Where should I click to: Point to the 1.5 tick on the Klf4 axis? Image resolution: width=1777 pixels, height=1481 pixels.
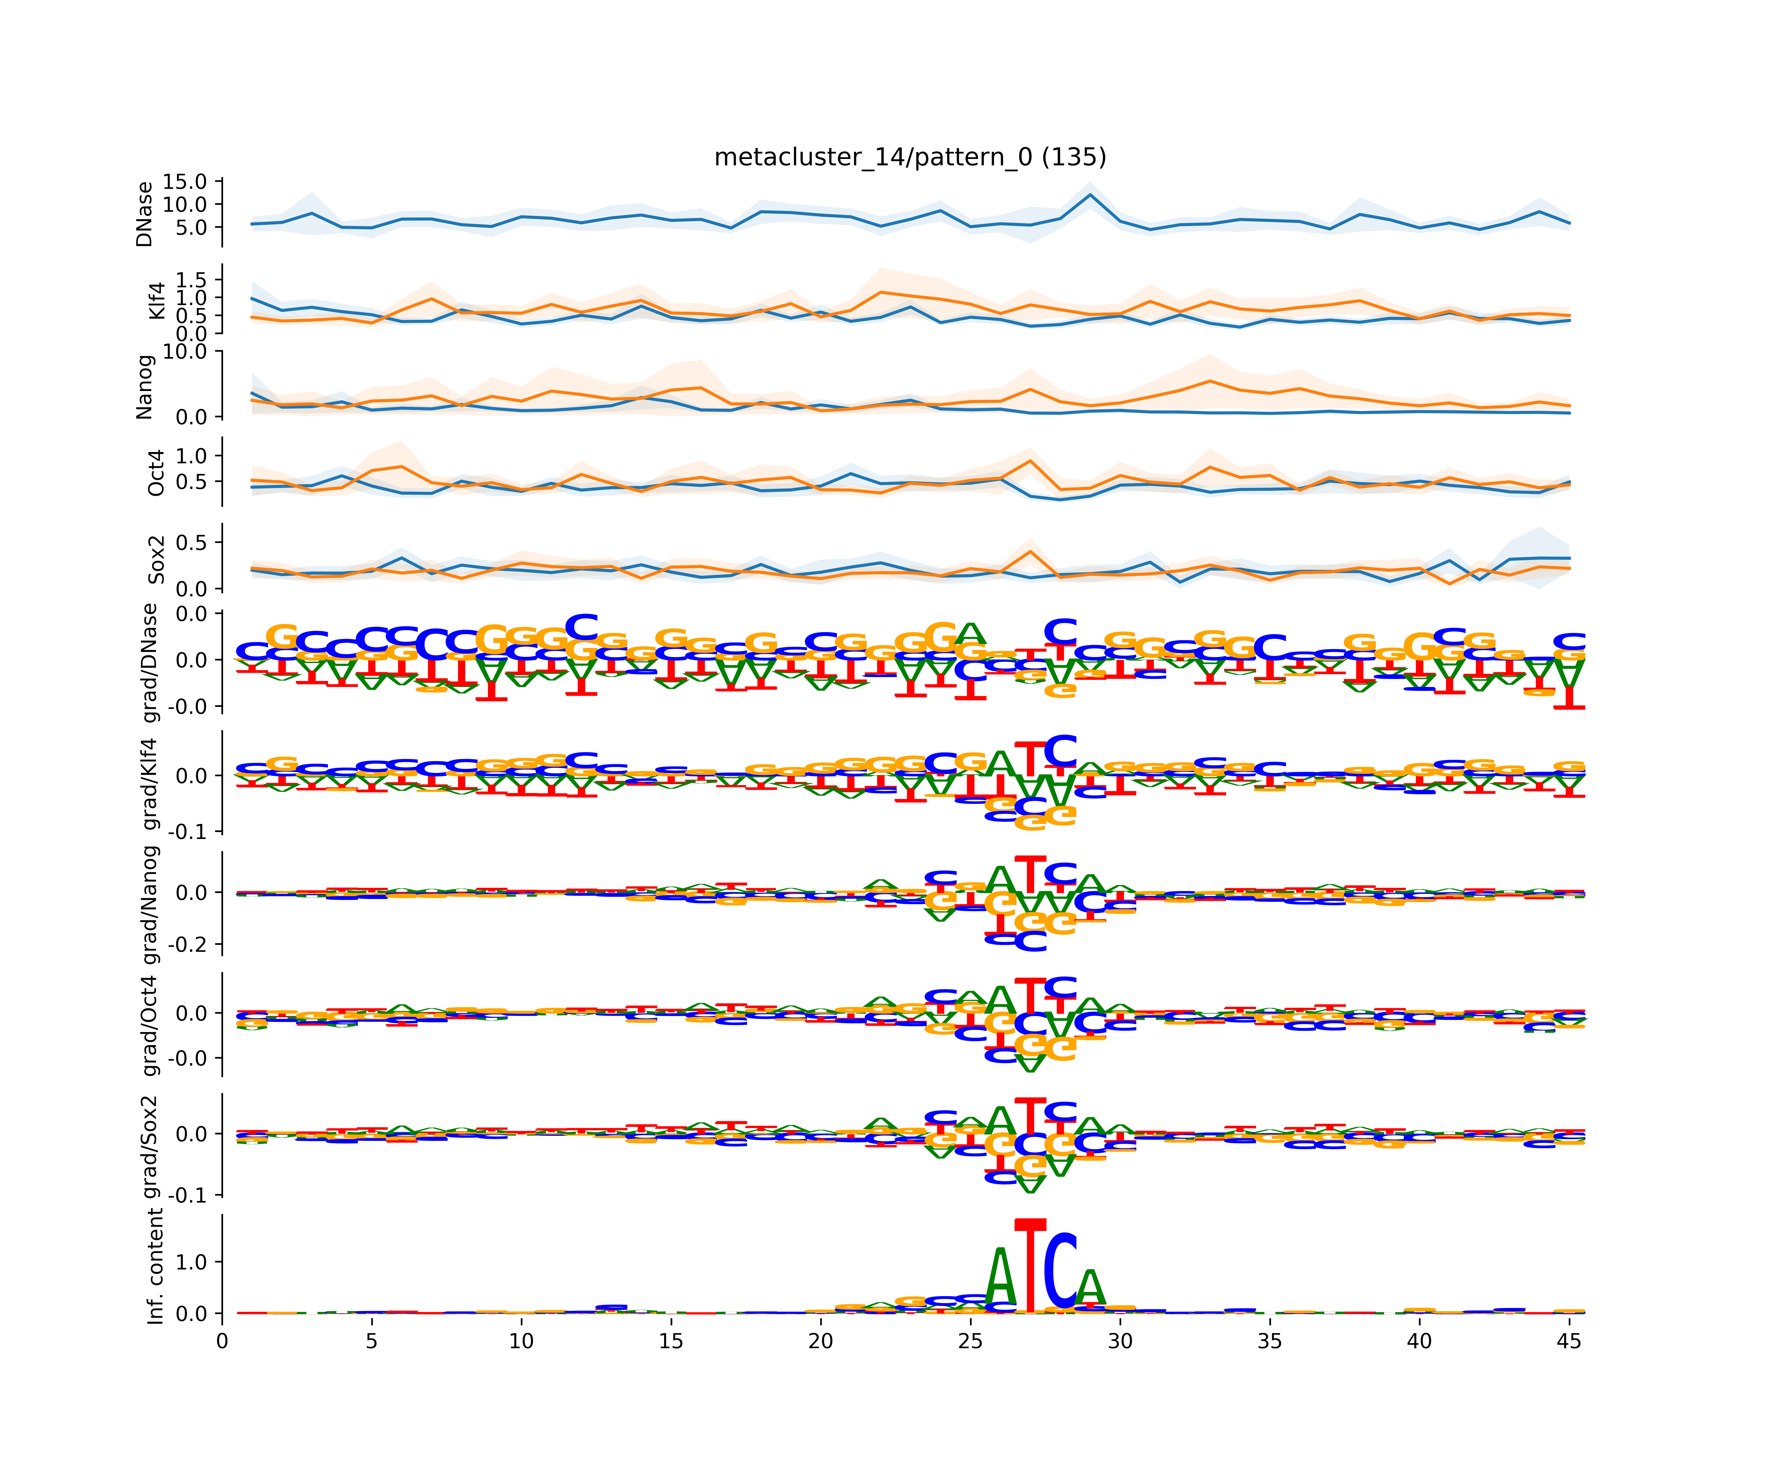click(191, 279)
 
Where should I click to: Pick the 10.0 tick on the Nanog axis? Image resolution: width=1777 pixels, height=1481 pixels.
click(185, 352)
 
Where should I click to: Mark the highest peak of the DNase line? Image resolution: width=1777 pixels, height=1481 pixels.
click(1090, 195)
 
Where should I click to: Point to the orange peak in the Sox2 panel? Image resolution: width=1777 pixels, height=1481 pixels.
click(1030, 552)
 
